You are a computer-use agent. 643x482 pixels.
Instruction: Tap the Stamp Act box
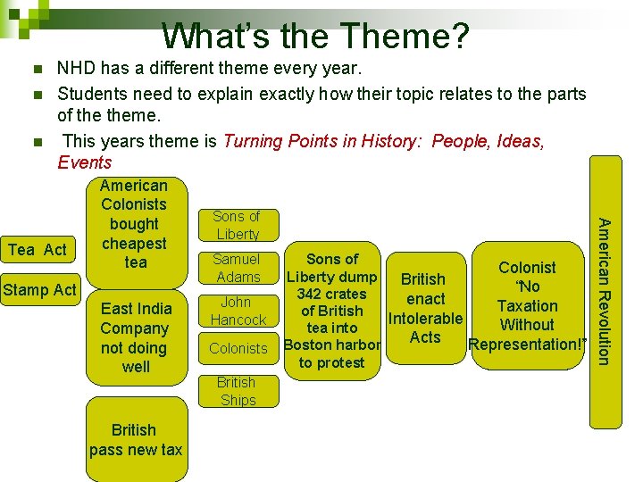pyautogui.click(x=39, y=289)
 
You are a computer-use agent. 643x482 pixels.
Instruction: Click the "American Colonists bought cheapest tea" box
pyautogui.click(x=134, y=224)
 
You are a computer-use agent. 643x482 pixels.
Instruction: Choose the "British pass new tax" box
pyautogui.click(x=135, y=440)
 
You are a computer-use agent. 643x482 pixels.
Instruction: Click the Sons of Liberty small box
pyautogui.click(x=238, y=225)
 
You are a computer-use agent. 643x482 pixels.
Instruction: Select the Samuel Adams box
pyautogui.click(x=238, y=268)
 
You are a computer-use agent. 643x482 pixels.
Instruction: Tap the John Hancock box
pyautogui.click(x=238, y=311)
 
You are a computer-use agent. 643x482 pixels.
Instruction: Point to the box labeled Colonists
pyautogui.click(x=238, y=348)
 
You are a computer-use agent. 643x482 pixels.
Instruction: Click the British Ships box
pyautogui.click(x=238, y=391)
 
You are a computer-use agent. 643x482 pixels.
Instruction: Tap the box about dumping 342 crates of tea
pyautogui.click(x=332, y=311)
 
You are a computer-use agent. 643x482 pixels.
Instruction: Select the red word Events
pyautogui.click(x=85, y=162)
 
